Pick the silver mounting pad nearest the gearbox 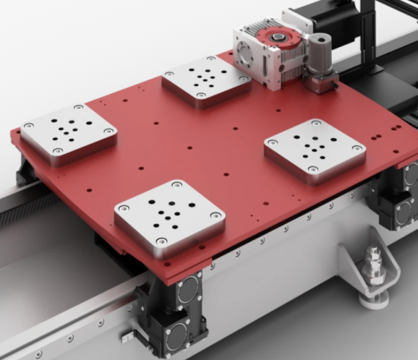[x=206, y=82]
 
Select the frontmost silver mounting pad [x=169, y=216]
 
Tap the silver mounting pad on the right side [x=315, y=150]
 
